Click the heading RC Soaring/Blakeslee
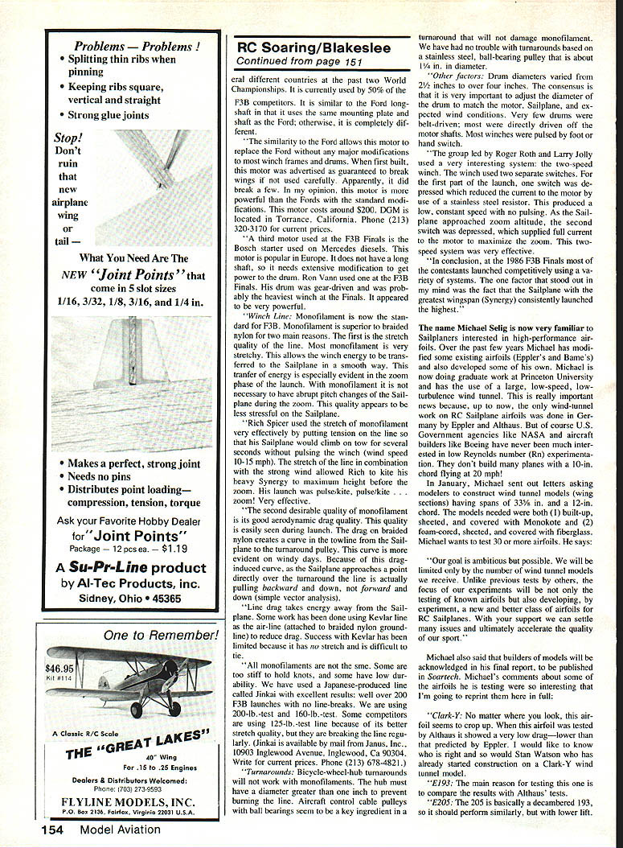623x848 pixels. [x=314, y=47]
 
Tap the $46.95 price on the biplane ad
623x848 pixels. [x=59, y=668]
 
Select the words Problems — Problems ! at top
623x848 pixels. [x=137, y=46]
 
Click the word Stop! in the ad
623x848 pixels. [x=68, y=137]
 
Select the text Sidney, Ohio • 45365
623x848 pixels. [x=133, y=599]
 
